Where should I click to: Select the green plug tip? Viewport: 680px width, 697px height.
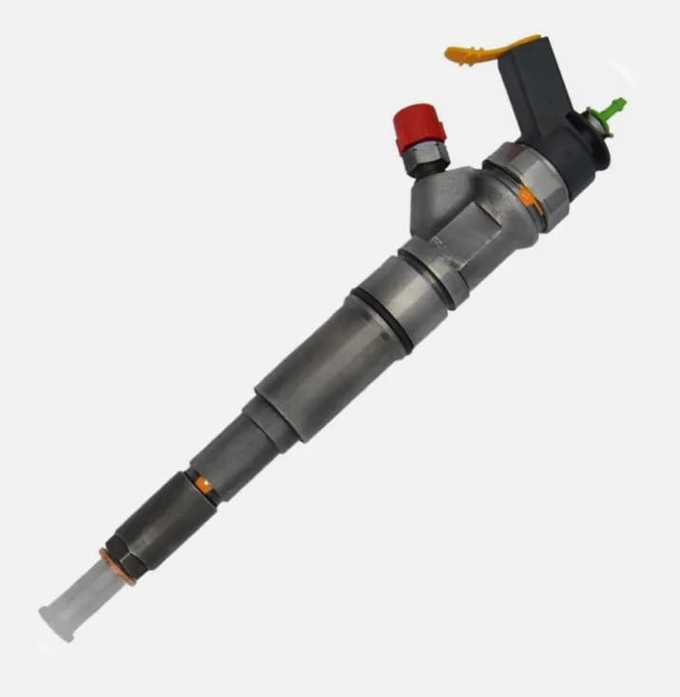pyautogui.click(x=617, y=102)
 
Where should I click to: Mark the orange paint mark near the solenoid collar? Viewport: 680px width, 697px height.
pyautogui.click(x=526, y=197)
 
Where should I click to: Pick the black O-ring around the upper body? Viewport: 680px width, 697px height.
pyautogui.click(x=384, y=317)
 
